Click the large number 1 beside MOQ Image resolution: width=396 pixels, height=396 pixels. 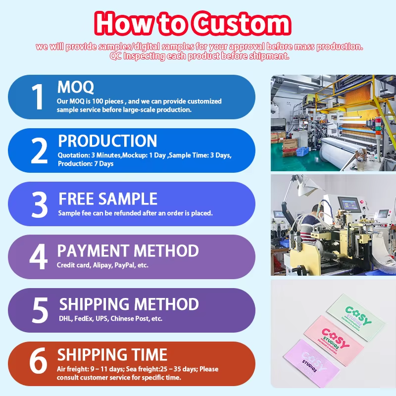point(38,97)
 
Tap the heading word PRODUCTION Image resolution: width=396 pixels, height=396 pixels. point(107,141)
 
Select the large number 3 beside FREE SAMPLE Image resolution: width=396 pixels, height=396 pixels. point(40,204)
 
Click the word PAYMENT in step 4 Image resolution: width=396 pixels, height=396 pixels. point(93,250)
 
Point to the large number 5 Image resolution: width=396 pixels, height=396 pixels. point(40,310)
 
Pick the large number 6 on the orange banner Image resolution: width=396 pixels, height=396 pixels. point(38,360)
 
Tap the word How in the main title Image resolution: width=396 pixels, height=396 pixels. point(124,23)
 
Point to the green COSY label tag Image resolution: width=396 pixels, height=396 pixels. point(356,314)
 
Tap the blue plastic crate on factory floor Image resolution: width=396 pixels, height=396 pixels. point(302,151)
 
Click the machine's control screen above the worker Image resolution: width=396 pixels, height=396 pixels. point(350,205)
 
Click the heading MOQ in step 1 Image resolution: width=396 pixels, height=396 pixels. point(76,87)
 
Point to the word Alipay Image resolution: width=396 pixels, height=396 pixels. point(102,265)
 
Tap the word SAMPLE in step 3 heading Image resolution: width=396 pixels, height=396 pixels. point(128,199)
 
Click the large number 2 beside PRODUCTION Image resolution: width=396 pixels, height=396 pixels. point(39,151)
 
